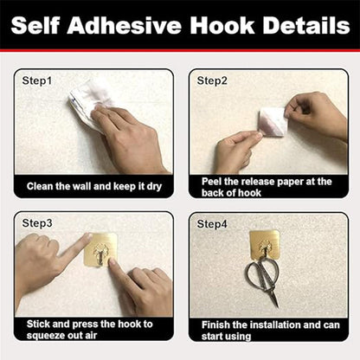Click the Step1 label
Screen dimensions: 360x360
click(x=37, y=80)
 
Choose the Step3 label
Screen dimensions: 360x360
click(x=37, y=223)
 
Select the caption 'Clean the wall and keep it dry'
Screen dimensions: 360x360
click(x=93, y=186)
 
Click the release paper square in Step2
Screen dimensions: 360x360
click(x=273, y=120)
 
